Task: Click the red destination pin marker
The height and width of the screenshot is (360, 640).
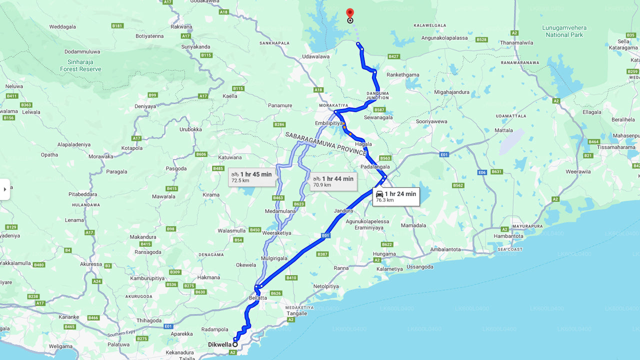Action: point(350,13)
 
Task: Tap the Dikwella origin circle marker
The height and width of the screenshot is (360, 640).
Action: point(235,344)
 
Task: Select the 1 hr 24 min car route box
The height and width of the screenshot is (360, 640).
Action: point(396,196)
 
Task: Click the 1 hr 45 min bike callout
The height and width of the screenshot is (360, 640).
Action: point(251,177)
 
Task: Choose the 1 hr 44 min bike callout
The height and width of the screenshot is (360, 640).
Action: point(333,181)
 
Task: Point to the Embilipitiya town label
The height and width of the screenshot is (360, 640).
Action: point(328,123)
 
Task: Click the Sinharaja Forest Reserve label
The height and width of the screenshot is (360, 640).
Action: point(80,65)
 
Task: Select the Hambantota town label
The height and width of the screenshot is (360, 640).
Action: point(508,236)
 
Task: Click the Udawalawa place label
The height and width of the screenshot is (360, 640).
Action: point(316,56)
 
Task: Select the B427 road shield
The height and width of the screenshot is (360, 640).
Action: point(393,56)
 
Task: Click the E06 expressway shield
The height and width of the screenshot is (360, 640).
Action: point(482,172)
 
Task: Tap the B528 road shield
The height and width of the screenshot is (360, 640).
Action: point(481,39)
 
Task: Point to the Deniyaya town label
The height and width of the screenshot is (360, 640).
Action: point(145,106)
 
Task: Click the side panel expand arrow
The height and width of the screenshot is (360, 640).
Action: point(5,189)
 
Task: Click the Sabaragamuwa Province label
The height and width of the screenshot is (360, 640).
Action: point(326,143)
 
